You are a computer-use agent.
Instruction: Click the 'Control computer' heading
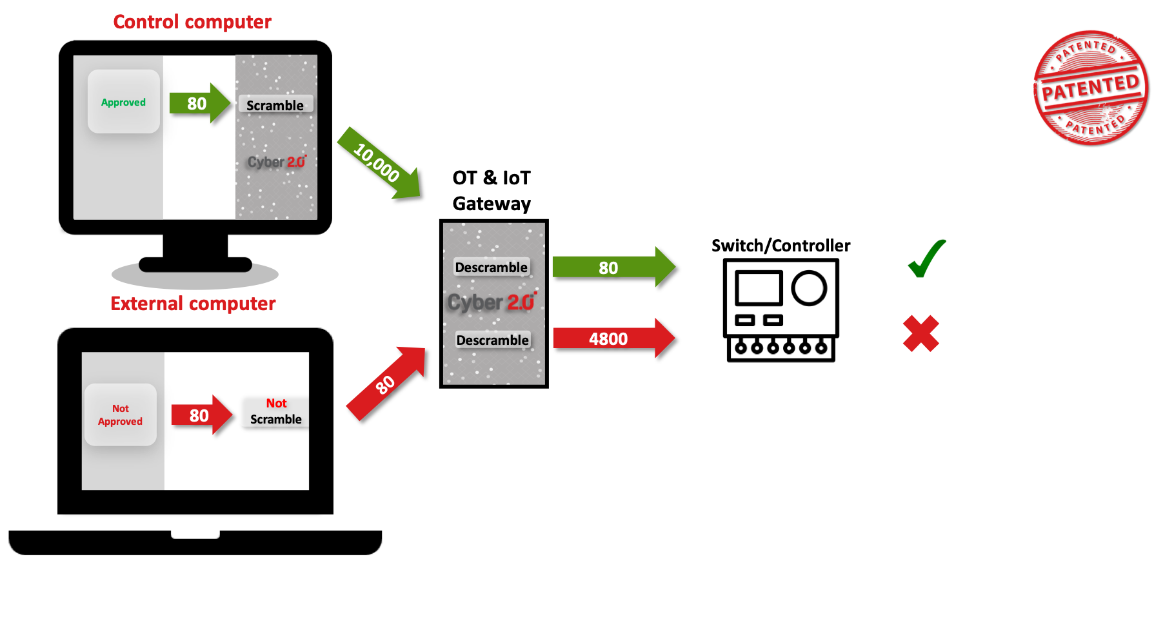(x=192, y=22)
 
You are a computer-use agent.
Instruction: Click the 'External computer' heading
(x=193, y=304)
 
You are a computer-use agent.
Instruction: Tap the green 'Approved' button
(x=123, y=102)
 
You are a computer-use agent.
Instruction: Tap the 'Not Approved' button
(x=120, y=415)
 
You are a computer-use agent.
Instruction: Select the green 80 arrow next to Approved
(x=199, y=103)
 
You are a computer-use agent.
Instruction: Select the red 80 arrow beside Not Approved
(x=201, y=415)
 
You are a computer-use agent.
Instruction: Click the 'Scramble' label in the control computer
(x=275, y=105)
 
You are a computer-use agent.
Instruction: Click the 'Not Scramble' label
(x=276, y=411)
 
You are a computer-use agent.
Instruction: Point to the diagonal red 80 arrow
(x=386, y=384)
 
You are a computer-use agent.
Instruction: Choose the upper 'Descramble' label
(x=492, y=267)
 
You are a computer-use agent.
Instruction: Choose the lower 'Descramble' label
(x=492, y=340)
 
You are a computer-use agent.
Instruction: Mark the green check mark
(x=926, y=259)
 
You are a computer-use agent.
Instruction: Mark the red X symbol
(x=920, y=334)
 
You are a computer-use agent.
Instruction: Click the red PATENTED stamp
(x=1090, y=88)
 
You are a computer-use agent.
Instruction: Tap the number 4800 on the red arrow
(x=608, y=339)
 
